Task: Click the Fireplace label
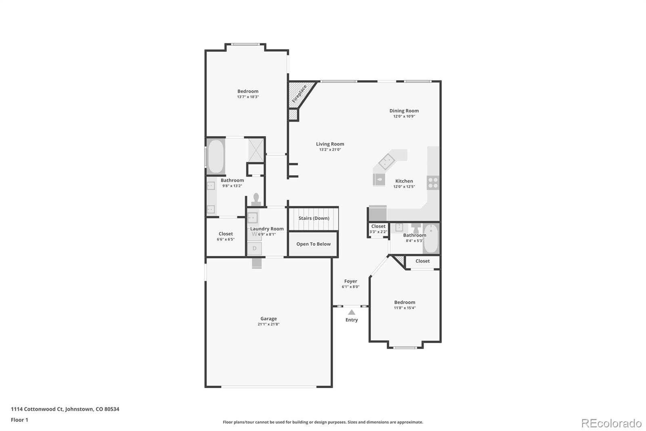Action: pyautogui.click(x=299, y=94)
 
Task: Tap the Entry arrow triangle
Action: pyautogui.click(x=352, y=312)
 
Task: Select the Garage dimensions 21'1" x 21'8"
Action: pyautogui.click(x=268, y=324)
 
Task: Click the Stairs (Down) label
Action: pyautogui.click(x=314, y=218)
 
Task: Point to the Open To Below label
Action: pyautogui.click(x=313, y=244)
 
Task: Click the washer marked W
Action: pyautogui.click(x=254, y=234)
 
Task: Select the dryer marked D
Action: pyautogui.click(x=254, y=248)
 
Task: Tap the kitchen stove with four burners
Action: pyautogui.click(x=433, y=183)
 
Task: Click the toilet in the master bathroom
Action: pyautogui.click(x=256, y=199)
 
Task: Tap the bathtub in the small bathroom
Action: pyautogui.click(x=431, y=239)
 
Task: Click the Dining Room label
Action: pyautogui.click(x=404, y=111)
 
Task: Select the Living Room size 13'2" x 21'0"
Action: pyautogui.click(x=330, y=150)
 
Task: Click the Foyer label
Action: pyautogui.click(x=350, y=281)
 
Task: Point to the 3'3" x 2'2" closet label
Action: pyautogui.click(x=378, y=232)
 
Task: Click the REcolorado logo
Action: pyautogui.click(x=611, y=423)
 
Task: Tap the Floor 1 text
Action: pyautogui.click(x=19, y=420)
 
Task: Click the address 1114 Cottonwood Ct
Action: pyautogui.click(x=65, y=409)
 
